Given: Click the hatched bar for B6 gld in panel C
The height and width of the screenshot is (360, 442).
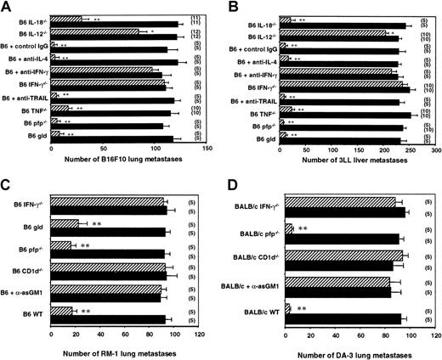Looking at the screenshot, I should pyautogui.click(x=65, y=224).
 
